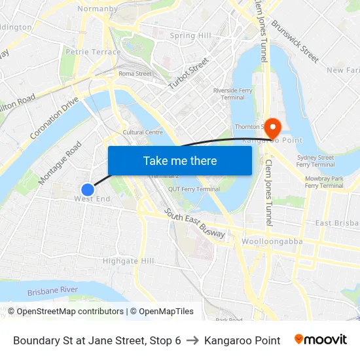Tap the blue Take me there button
pos(179,160)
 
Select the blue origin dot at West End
pos(87,189)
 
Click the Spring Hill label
pos(190,36)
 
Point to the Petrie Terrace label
pos(94,52)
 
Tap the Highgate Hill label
pos(128,261)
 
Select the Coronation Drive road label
pos(55,118)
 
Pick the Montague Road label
pos(60,162)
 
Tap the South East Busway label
pos(196,224)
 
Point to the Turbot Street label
pos(189,74)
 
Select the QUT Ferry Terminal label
pos(194,189)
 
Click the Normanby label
pos(98,9)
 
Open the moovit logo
pos(320,340)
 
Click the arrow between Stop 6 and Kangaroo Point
pos(192,340)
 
